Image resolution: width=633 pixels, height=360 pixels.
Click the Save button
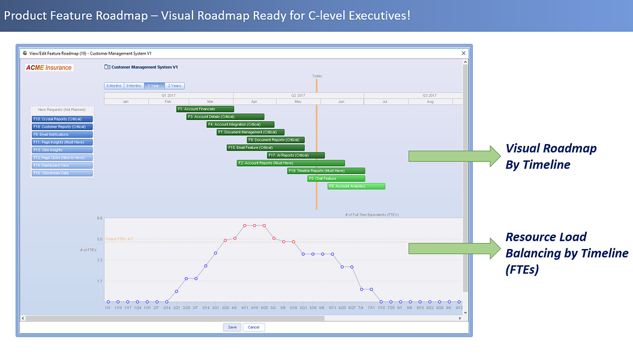point(232,327)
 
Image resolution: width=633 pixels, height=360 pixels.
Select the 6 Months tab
point(113,86)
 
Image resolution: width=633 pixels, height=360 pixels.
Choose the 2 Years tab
point(175,86)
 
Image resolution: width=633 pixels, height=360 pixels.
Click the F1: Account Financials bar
point(205,109)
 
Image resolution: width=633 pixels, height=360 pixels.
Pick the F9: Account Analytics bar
point(356,186)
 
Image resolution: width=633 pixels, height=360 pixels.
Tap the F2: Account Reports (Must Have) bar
point(290,163)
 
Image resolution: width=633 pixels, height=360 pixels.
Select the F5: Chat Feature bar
point(335,178)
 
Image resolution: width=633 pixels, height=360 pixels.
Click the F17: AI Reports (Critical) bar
point(295,155)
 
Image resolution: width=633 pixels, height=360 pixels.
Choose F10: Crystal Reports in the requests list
point(62,119)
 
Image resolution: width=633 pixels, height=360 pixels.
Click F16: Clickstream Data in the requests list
point(62,173)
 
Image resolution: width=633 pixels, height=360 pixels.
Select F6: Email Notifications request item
point(62,134)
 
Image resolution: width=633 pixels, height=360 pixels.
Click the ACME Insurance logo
point(49,68)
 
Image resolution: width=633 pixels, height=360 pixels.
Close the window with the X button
point(463,53)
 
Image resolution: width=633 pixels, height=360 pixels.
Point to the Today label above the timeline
point(317,76)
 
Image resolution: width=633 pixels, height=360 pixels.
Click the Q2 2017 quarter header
point(298,95)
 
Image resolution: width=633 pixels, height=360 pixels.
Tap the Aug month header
point(430,102)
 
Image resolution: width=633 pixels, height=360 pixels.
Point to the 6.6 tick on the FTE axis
point(100,218)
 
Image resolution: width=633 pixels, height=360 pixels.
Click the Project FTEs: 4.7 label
point(119,239)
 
